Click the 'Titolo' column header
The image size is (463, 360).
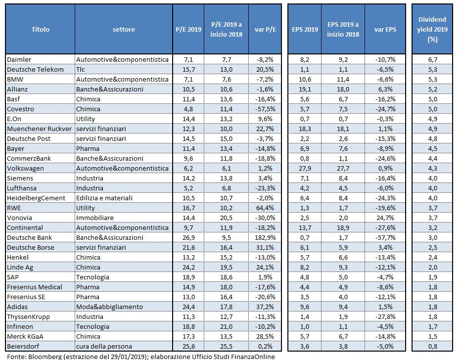[x=41, y=29]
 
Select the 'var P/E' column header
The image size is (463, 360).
[x=265, y=29]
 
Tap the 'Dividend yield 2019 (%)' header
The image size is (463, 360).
[x=432, y=29]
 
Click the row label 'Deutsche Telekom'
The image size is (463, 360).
[x=35, y=69]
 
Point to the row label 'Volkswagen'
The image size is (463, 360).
[x=25, y=168]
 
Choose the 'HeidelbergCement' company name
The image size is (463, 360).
[x=36, y=198]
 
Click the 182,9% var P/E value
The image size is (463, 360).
[x=265, y=237]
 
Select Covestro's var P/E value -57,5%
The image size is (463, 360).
[x=265, y=109]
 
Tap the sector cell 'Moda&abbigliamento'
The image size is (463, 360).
[x=109, y=307]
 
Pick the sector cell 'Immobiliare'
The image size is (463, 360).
[x=95, y=218]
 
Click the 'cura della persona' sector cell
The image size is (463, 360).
[x=104, y=346]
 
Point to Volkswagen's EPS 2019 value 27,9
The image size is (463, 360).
[x=305, y=168]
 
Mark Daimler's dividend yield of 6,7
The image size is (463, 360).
[x=433, y=60]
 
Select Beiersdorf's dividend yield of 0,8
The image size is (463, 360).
[x=433, y=346]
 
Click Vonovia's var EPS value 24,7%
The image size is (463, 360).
[x=385, y=218]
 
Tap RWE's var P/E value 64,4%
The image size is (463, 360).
[x=265, y=208]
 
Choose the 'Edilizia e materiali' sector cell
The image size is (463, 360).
[x=104, y=198]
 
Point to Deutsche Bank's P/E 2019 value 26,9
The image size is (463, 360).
[x=188, y=237]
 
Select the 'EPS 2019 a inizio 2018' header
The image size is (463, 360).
[x=343, y=29]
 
